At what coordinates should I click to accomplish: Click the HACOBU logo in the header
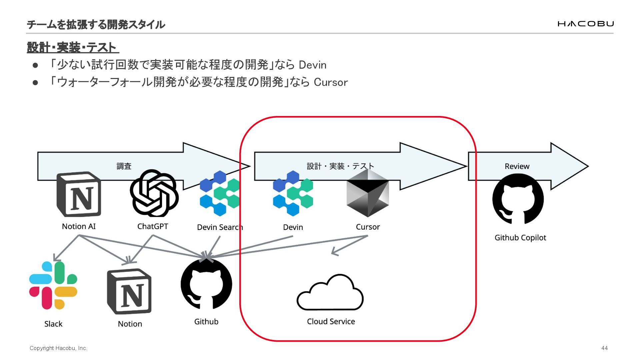point(585,24)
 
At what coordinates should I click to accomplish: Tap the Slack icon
point(53,285)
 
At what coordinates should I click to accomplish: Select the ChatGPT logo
point(154,193)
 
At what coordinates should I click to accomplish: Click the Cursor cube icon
point(368,193)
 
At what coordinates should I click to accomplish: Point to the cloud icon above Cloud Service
point(330,293)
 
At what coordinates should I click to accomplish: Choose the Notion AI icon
point(79,194)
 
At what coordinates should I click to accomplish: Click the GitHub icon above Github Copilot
point(518,199)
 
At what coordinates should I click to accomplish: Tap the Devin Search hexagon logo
point(220,193)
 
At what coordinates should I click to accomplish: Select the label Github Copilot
point(520,238)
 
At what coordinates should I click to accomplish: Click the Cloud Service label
point(331,321)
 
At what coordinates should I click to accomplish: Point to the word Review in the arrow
point(517,166)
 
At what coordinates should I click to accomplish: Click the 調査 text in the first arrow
point(124,166)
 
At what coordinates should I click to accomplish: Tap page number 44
point(604,348)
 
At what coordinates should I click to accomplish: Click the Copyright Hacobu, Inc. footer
point(58,348)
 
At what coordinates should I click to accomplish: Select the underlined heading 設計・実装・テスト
point(72,48)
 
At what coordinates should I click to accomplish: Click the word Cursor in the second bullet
point(331,82)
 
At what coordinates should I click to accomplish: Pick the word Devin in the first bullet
point(312,65)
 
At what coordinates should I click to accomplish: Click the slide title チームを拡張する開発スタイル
point(96,24)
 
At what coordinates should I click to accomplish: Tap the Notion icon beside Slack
point(129,292)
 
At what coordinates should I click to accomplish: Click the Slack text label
point(53,324)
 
